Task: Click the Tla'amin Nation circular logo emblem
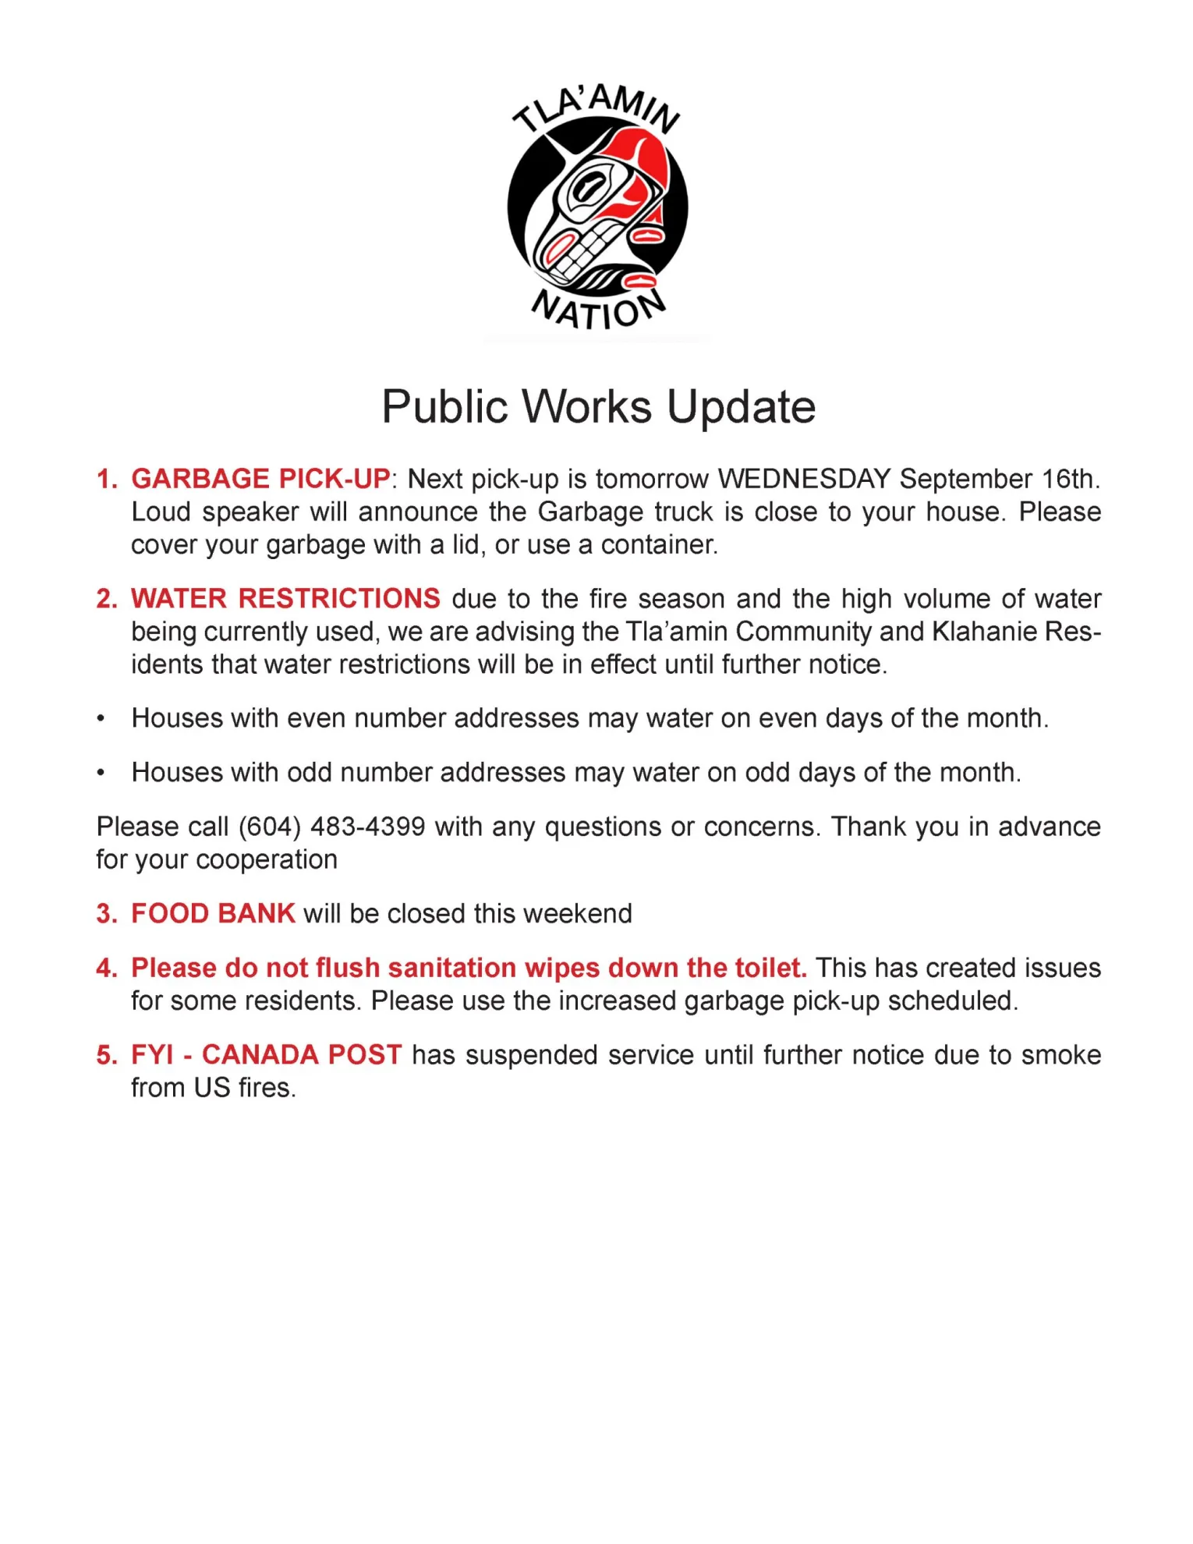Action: tap(597, 207)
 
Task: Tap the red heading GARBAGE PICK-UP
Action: tap(260, 479)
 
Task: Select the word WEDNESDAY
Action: tap(804, 479)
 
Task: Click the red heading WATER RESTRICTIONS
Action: tap(285, 598)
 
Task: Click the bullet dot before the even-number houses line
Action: tap(101, 719)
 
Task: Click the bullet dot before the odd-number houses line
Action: tap(101, 774)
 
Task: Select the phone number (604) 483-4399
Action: tap(332, 827)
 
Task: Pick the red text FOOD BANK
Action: tap(213, 913)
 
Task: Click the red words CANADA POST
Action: tap(302, 1054)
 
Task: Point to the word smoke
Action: tap(1060, 1054)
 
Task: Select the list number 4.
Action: tap(105, 968)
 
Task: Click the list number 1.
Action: tap(105, 479)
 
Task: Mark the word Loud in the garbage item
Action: tap(161, 512)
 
